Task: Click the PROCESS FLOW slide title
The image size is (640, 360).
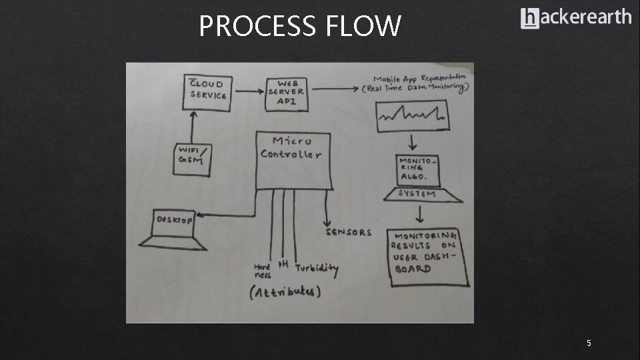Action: point(300,27)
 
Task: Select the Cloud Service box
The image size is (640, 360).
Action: point(209,91)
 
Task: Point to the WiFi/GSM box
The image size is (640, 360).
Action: point(193,159)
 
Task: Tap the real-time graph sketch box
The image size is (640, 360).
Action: point(412,115)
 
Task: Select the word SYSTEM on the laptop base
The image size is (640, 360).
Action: point(417,194)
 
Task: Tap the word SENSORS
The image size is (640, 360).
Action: point(348,232)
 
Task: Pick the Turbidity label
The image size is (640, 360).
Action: point(317,269)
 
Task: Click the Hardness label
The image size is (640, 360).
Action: point(262,269)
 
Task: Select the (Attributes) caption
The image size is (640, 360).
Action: point(285,292)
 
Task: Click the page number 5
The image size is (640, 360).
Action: point(589,343)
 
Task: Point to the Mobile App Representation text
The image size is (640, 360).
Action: point(419,83)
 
